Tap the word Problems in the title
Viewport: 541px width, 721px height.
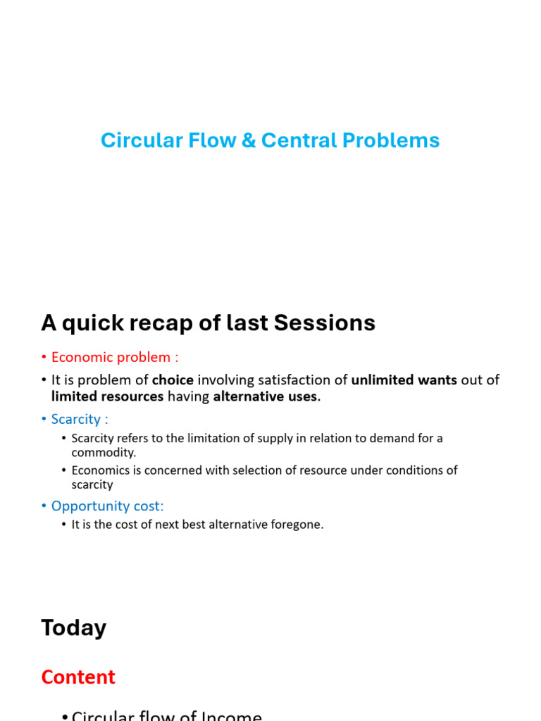coord(391,141)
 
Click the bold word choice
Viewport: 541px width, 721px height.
coord(173,380)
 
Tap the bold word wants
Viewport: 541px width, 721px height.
coord(436,380)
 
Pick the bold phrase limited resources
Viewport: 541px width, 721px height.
coord(107,396)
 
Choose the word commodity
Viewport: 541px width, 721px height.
coord(103,453)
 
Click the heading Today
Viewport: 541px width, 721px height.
coord(74,628)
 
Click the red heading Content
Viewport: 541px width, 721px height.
coord(78,677)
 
